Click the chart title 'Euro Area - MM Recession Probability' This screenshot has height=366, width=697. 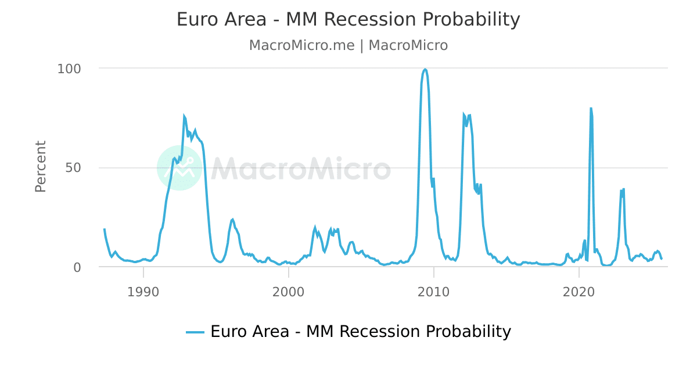click(348, 20)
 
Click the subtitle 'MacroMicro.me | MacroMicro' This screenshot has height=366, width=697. click(348, 45)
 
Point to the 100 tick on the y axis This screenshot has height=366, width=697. click(69, 69)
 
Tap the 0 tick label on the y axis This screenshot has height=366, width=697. click(77, 267)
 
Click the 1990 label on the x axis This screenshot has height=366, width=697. click(143, 292)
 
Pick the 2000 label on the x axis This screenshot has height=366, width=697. click(288, 292)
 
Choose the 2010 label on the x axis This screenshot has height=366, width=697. click(433, 292)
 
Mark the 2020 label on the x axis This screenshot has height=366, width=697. click(579, 292)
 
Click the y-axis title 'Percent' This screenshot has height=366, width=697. click(41, 166)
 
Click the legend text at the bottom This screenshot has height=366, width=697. click(360, 332)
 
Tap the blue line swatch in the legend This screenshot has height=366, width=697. click(195, 332)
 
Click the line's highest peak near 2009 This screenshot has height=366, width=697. click(425, 69)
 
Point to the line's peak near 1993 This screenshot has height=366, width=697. click(184, 116)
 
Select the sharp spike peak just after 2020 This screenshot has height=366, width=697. click(591, 108)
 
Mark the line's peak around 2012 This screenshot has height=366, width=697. click(464, 114)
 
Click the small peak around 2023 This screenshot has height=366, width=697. click(623, 189)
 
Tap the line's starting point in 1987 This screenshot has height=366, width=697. click(105, 229)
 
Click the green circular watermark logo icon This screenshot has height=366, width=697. click(179, 168)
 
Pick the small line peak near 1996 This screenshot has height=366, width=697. click(233, 219)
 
